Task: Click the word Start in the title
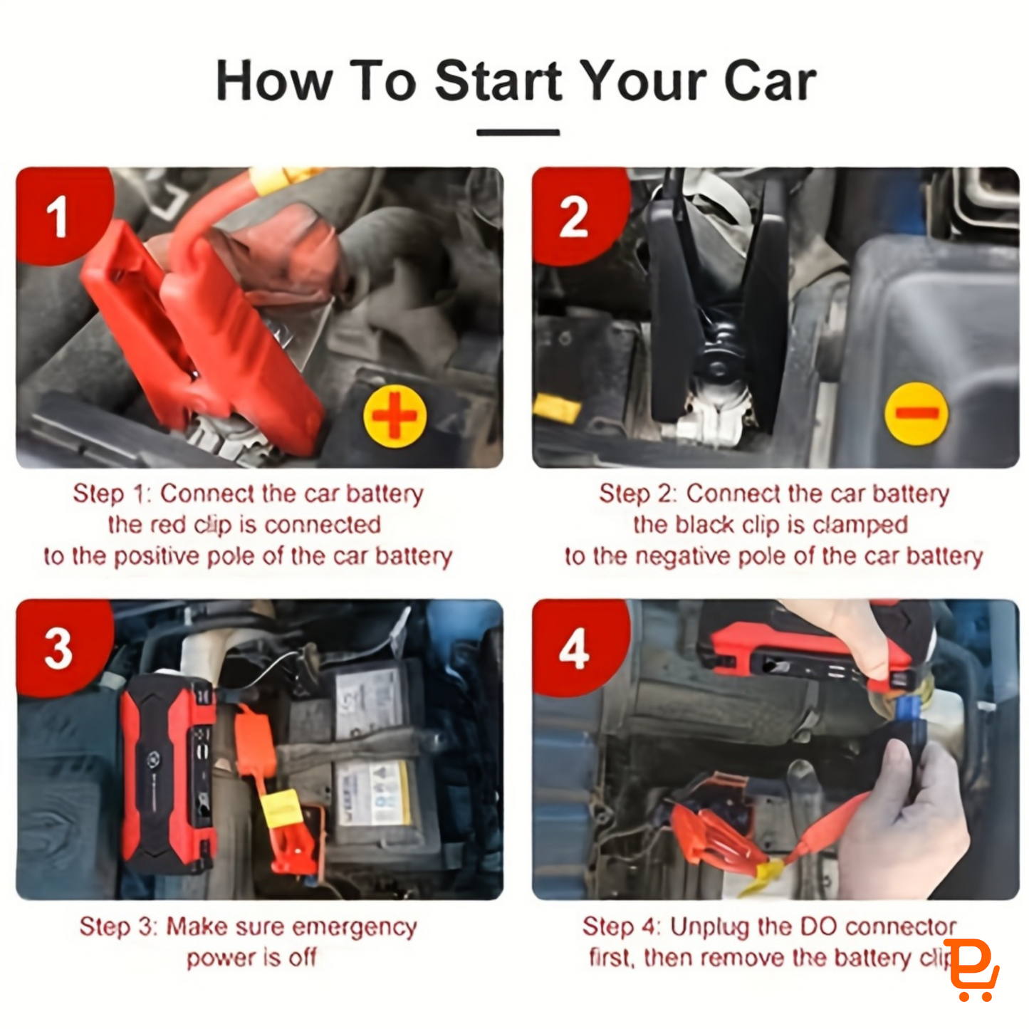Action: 498,80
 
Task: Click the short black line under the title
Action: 518,132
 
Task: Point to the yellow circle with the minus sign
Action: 916,414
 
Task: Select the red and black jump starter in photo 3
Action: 168,774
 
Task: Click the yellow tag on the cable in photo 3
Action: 282,808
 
